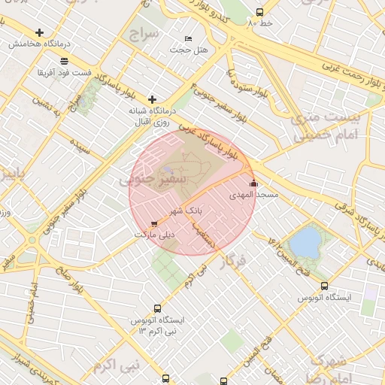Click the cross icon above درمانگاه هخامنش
click(39, 33)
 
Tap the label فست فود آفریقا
click(65, 74)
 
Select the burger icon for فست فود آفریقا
click(65, 62)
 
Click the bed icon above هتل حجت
click(187, 38)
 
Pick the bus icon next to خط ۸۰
click(259, 12)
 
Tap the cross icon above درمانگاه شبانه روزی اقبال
click(152, 99)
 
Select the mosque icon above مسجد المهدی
click(253, 183)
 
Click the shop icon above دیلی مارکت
click(154, 223)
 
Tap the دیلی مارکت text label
click(154, 235)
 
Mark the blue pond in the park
click(305, 242)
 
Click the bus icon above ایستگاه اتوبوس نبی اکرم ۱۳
click(157, 308)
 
